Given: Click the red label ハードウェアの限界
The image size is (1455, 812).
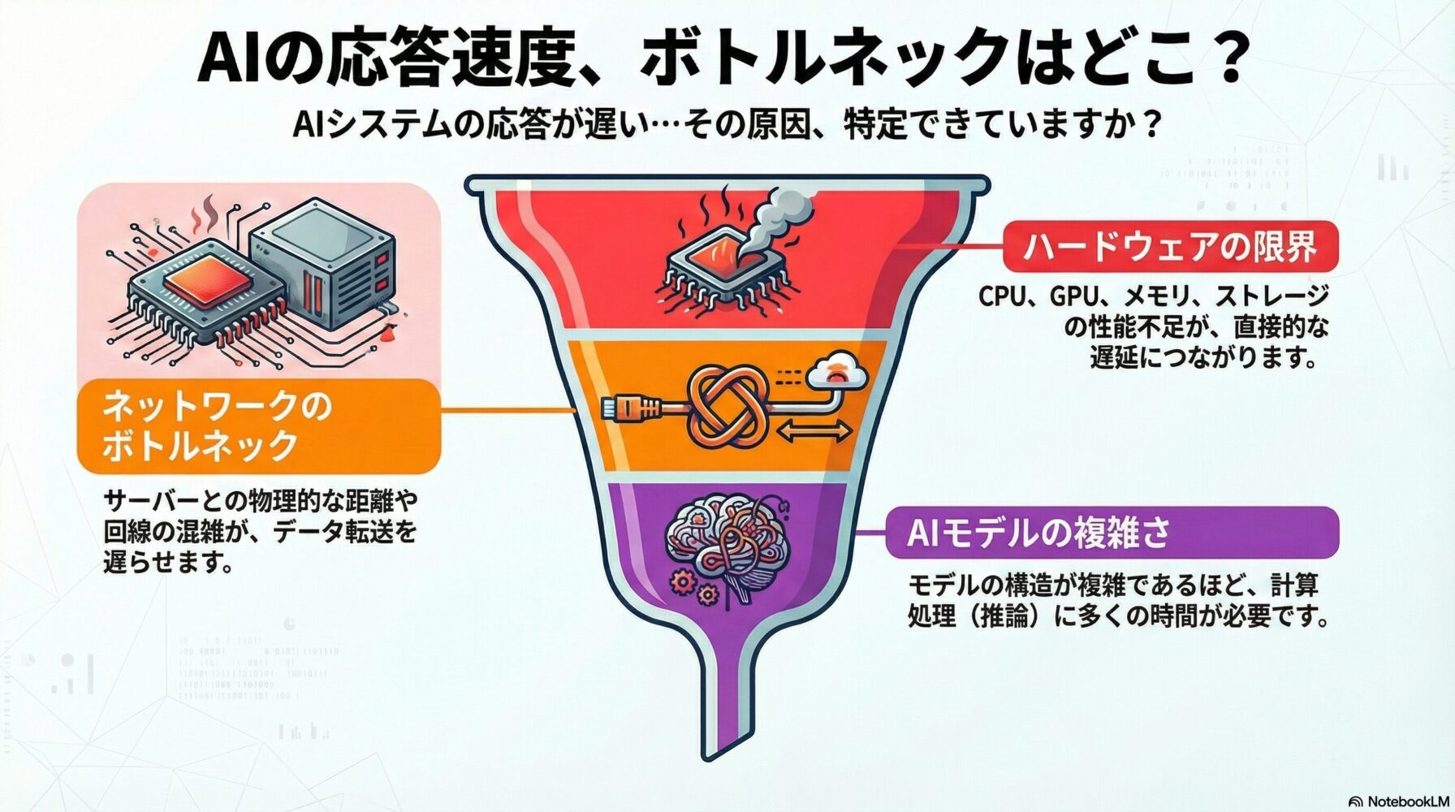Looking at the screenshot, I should [1170, 246].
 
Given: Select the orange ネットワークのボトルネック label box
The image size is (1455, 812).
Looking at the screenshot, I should [259, 425].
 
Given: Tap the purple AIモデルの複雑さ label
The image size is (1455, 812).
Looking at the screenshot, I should [1112, 533].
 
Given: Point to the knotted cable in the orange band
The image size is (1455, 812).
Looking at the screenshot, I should [727, 405].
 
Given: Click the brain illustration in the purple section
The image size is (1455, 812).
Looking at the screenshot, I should [727, 544].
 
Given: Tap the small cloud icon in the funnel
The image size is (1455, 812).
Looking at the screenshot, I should [835, 371].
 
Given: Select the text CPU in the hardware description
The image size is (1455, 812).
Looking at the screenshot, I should [1002, 296].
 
